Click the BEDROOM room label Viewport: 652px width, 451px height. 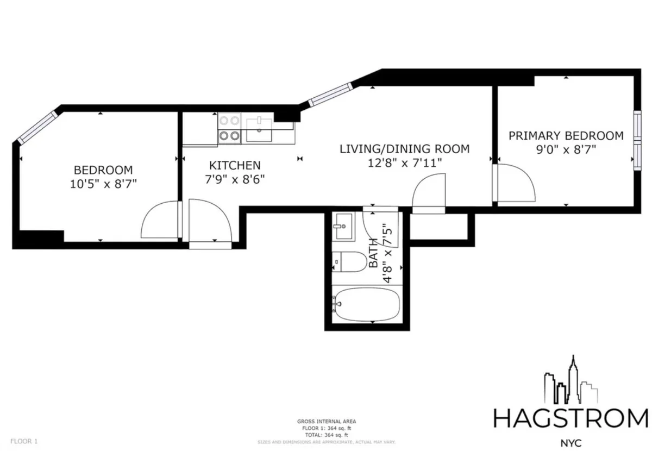click(x=103, y=170)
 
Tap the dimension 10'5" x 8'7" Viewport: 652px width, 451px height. click(x=103, y=184)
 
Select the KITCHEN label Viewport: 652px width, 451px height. click(x=235, y=165)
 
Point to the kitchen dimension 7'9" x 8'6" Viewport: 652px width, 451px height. click(x=235, y=179)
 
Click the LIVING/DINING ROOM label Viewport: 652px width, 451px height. click(x=404, y=148)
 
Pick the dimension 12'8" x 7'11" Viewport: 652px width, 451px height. click(x=405, y=162)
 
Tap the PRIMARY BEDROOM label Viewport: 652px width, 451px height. click(x=566, y=135)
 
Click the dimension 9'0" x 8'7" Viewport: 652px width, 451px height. click(x=566, y=149)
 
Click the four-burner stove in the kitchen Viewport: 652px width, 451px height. click(x=229, y=128)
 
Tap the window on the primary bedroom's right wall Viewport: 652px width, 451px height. click(x=636, y=139)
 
